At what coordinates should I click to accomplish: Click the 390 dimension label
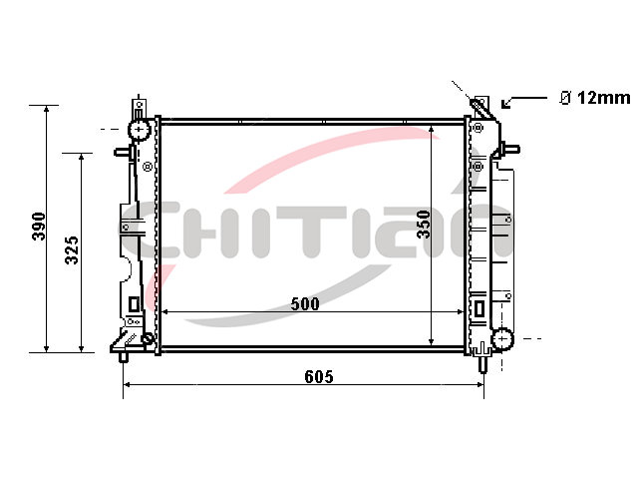click(x=39, y=227)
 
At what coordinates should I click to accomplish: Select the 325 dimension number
click(x=72, y=249)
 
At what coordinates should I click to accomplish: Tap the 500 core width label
click(x=305, y=303)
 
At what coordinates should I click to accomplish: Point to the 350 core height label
click(x=424, y=224)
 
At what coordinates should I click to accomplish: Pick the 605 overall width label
click(x=319, y=377)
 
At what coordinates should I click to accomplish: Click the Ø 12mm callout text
click(x=595, y=98)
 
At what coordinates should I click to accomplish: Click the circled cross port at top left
click(x=140, y=130)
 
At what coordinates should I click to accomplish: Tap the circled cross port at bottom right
click(x=502, y=339)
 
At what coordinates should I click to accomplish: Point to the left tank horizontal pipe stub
click(x=123, y=152)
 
